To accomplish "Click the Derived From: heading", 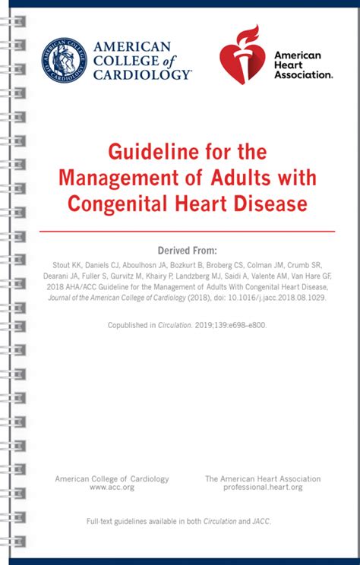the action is [187, 251].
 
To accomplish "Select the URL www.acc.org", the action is [112, 488].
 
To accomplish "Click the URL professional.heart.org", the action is [263, 488].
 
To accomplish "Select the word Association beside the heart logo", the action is [303, 74].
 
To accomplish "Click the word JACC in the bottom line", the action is [260, 521].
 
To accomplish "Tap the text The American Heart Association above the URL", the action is [263, 479].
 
